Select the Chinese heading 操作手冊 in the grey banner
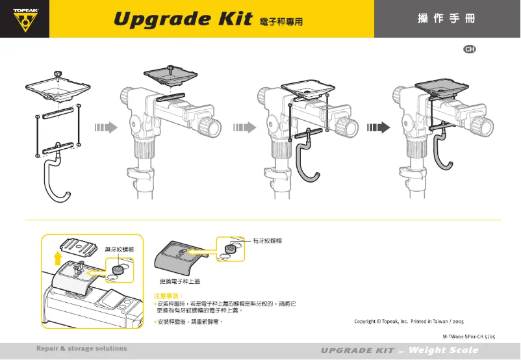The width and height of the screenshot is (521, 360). click(x=446, y=18)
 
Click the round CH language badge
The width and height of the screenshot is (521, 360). click(x=468, y=49)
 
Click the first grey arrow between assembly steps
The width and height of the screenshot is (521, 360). click(x=105, y=127)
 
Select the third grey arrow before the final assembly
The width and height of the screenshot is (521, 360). click(x=377, y=127)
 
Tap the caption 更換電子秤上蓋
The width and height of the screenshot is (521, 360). click(x=180, y=281)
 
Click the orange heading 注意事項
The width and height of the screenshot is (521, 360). click(x=164, y=296)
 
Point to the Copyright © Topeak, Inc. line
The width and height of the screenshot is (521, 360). click(x=408, y=321)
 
